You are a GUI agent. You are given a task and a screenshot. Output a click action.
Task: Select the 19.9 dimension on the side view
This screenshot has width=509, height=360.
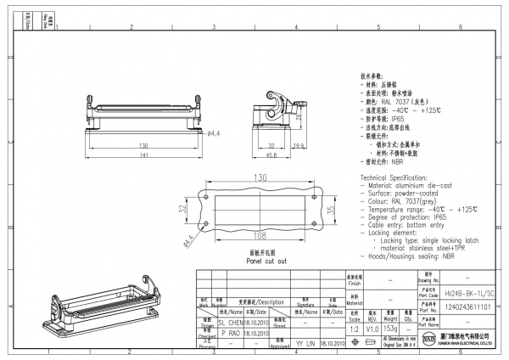(298, 145)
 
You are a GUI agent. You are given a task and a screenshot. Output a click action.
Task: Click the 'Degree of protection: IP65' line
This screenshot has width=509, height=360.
(406, 218)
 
